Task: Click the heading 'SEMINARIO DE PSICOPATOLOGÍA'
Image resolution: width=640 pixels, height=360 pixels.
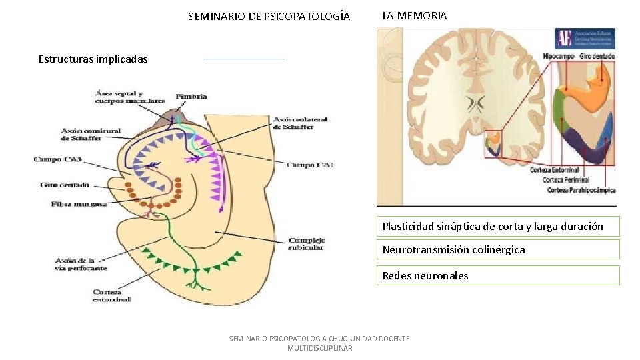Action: tap(269, 16)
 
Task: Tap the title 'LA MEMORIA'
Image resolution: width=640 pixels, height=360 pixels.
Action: tap(414, 15)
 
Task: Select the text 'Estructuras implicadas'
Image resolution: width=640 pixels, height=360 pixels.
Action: tap(93, 59)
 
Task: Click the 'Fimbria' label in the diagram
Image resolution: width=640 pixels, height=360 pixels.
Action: tap(191, 97)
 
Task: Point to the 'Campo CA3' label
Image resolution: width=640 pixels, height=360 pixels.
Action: tap(57, 159)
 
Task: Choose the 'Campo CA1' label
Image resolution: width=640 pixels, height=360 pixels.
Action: tap(310, 165)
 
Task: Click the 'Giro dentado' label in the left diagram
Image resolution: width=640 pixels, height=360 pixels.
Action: tap(65, 185)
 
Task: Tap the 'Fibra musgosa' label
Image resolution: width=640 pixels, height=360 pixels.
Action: tap(79, 203)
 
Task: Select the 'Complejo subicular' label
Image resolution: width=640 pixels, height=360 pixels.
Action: tap(307, 244)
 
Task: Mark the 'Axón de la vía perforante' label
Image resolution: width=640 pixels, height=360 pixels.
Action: tap(81, 264)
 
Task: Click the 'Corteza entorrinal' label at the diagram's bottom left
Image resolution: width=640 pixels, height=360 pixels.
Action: tap(112, 295)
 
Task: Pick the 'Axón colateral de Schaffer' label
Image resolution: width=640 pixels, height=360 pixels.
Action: tap(300, 123)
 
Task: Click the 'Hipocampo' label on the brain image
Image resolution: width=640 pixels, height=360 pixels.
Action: tap(559, 57)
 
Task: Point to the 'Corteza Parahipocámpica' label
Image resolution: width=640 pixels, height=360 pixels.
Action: tap(581, 191)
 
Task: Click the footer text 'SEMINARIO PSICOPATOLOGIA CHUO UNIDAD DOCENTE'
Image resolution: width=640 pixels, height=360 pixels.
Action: tap(319, 339)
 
